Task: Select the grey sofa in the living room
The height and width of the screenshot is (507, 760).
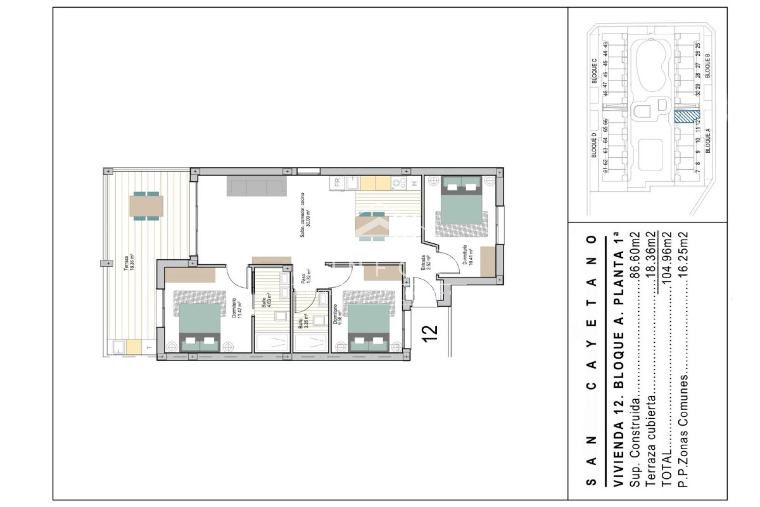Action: coord(256,186)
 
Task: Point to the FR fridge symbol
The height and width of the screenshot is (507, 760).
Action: coord(337,183)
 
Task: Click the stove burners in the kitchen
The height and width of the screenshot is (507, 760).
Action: coord(399,183)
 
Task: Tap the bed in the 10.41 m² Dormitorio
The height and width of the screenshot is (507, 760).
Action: coord(461,206)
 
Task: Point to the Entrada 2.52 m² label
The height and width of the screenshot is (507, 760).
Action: coord(426,262)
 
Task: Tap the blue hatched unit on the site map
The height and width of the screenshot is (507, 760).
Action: coord(686,116)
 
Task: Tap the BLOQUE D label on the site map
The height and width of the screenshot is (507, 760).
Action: coord(594,145)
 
